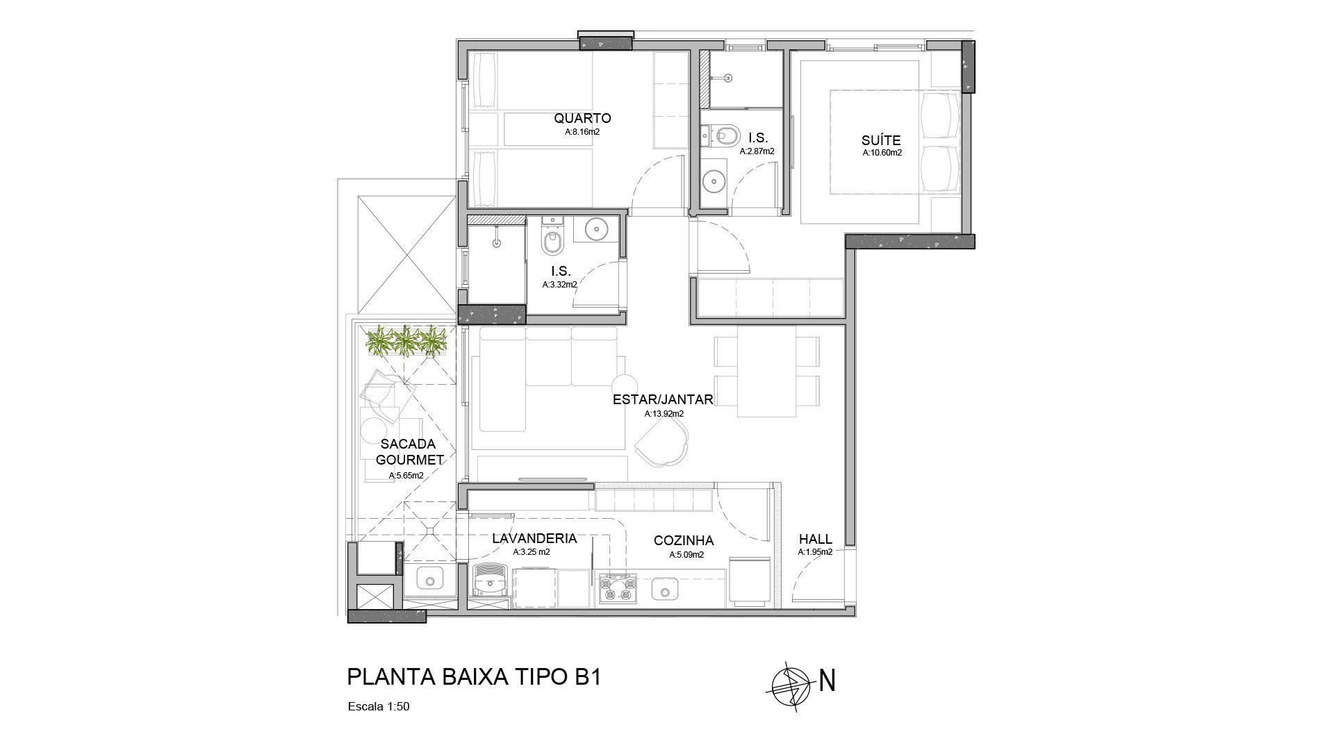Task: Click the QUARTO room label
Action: coord(582,118)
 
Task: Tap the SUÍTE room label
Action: coord(882,140)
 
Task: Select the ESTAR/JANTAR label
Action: coord(663,400)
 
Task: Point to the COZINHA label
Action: coord(684,541)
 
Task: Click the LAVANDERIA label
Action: coord(534,539)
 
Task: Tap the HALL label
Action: coord(815,539)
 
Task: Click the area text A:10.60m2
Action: coord(882,153)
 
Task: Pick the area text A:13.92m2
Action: coord(664,414)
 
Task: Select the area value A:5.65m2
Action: coord(406,476)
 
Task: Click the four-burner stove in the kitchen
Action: coord(618,587)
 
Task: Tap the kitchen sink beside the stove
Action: coord(665,591)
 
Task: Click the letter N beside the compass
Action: coord(827,681)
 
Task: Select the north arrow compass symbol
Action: coord(790,681)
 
